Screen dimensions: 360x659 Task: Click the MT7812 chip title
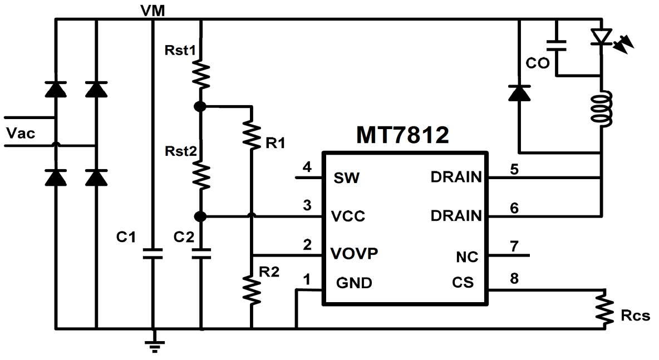tap(402, 135)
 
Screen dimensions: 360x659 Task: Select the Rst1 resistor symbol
tap(201, 75)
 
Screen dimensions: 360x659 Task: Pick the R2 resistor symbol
tap(252, 289)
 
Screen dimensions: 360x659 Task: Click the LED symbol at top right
tap(601, 37)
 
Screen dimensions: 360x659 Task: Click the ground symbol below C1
tap(153, 345)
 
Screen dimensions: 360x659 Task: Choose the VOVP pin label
tap(355, 253)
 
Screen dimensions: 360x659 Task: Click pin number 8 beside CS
tap(514, 277)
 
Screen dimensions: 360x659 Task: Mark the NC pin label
tap(466, 257)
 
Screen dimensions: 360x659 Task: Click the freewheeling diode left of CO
tap(519, 93)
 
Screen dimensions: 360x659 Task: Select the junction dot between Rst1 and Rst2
tap(201, 106)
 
